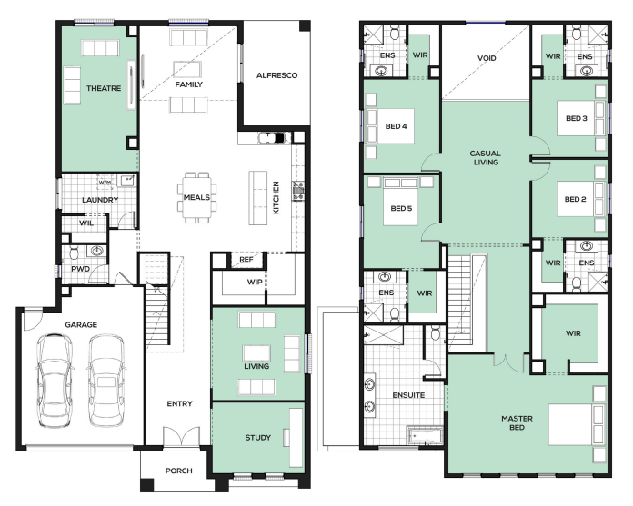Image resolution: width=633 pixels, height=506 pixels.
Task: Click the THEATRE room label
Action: tap(104, 88)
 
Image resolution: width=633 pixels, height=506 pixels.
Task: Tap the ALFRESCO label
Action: tap(276, 75)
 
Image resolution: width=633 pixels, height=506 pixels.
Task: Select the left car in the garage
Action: tap(55, 381)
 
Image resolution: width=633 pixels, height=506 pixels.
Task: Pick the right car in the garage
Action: tap(106, 381)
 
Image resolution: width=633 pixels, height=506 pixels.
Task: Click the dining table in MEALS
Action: tap(197, 197)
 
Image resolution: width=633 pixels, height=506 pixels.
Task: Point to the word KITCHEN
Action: tap(276, 197)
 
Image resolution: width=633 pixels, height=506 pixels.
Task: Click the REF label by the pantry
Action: tap(246, 259)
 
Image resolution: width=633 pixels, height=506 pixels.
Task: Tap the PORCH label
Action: tap(179, 471)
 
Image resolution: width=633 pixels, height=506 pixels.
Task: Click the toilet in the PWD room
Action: tap(74, 253)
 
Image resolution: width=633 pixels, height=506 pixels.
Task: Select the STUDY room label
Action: tap(258, 438)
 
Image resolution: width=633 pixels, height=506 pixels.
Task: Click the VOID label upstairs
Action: tap(487, 58)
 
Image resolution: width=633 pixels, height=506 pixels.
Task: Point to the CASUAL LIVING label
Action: tap(486, 158)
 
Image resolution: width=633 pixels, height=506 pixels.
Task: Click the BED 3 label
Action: tap(576, 118)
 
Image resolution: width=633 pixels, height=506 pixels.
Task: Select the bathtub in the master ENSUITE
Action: tap(425, 435)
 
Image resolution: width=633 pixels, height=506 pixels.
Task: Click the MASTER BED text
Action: tap(517, 422)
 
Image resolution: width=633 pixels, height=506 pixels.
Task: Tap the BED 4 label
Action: tap(396, 126)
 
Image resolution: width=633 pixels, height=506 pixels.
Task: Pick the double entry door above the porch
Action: tap(181, 437)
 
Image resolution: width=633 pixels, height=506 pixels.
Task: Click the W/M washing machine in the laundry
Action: tap(105, 183)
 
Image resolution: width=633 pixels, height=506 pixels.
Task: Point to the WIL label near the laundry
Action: tap(86, 223)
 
